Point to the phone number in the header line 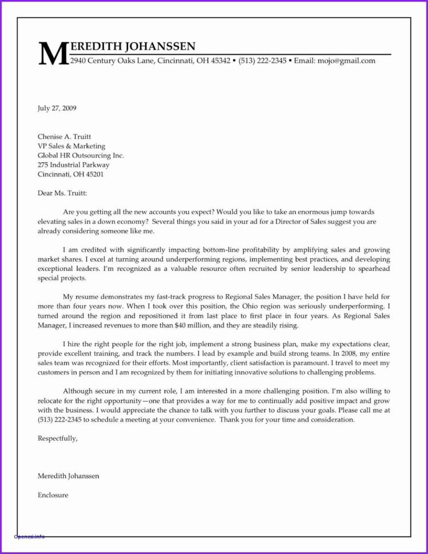click(x=262, y=61)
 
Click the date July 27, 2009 click(x=57, y=107)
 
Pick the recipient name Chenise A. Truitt click(x=64, y=137)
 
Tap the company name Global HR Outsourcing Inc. click(x=81, y=155)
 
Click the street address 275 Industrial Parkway click(x=73, y=164)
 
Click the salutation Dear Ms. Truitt click(x=63, y=193)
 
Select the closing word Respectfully click(x=57, y=439)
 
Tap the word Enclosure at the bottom click(x=53, y=495)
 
